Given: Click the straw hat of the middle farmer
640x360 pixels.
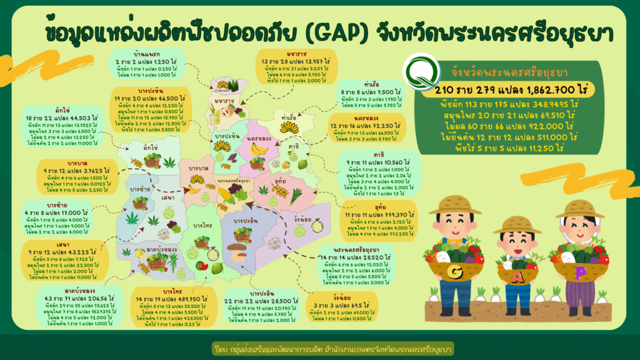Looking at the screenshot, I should coord(517,224).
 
